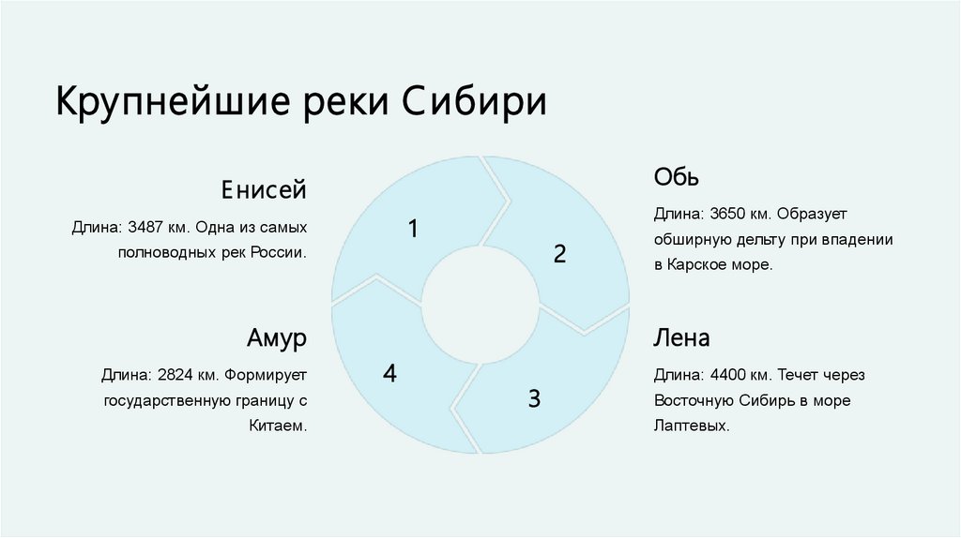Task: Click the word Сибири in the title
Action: pos(475,102)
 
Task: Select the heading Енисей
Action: pos(264,190)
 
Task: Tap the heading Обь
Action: pos(677,177)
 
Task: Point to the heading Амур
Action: pos(276,338)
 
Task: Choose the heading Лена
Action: pos(682,337)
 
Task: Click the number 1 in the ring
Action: pos(412,228)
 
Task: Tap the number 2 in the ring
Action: pos(559,253)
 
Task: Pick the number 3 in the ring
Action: pos(534,399)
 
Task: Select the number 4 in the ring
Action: pos(389,374)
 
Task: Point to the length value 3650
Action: pos(731,214)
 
